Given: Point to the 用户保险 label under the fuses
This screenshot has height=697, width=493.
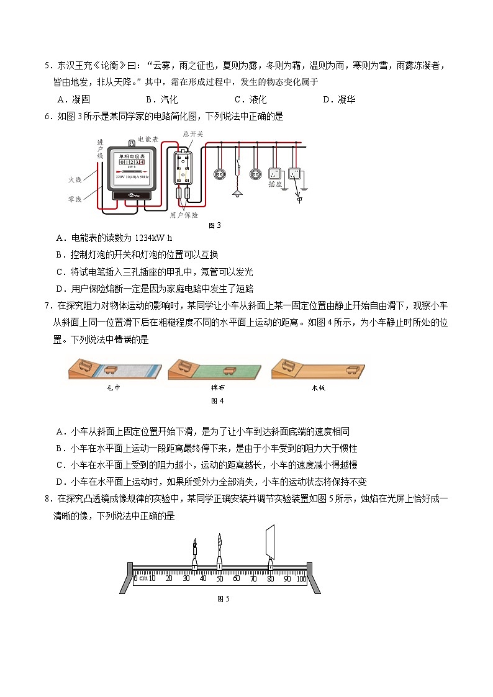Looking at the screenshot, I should click(x=184, y=215).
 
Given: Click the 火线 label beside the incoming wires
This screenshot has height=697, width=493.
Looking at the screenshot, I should click(x=75, y=179).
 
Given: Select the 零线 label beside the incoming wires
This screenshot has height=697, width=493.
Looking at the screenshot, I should click(x=75, y=199).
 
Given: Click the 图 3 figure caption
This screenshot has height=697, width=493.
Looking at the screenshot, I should click(x=214, y=225).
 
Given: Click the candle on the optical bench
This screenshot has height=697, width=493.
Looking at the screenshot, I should click(x=195, y=552).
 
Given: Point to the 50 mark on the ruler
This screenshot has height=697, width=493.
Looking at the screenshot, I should click(x=219, y=578).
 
